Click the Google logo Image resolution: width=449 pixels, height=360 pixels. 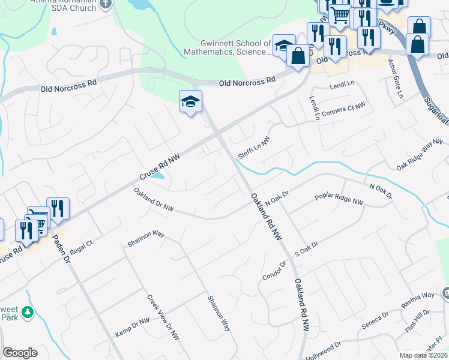tap(20, 353)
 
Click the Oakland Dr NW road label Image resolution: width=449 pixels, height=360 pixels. tap(154, 200)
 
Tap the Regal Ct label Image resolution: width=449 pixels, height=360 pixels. tap(82, 245)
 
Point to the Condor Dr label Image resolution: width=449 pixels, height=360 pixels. tap(275, 269)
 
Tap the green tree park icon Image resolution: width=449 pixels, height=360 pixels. tap(27, 312)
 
